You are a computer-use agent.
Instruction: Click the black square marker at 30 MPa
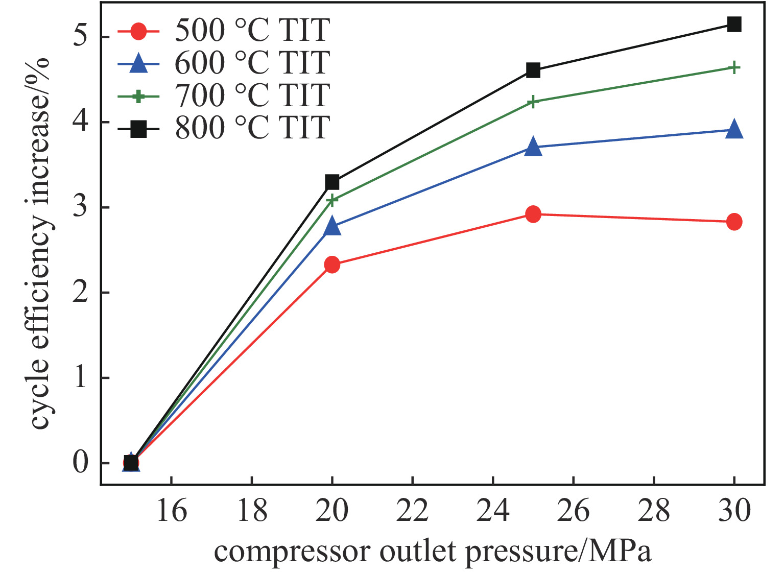coord(734,24)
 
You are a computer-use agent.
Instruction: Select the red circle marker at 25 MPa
coord(533,214)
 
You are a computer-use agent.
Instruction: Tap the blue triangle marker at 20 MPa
coord(332,226)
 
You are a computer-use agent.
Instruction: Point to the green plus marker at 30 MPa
coord(734,67)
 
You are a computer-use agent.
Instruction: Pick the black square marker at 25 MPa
coord(533,70)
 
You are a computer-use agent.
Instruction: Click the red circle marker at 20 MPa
coord(332,265)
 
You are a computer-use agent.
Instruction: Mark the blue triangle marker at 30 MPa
coord(734,129)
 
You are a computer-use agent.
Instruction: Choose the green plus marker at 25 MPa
coord(533,102)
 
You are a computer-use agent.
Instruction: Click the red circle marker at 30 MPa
coord(734,222)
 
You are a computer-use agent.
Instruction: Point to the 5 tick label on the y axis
coord(81,37)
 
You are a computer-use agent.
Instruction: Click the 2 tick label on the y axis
coord(81,293)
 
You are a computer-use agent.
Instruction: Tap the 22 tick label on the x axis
coord(412,511)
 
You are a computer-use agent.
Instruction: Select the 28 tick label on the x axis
coord(654,511)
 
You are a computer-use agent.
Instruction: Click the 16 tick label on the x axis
coord(171,511)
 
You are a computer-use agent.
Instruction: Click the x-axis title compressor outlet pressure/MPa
coord(433,552)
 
